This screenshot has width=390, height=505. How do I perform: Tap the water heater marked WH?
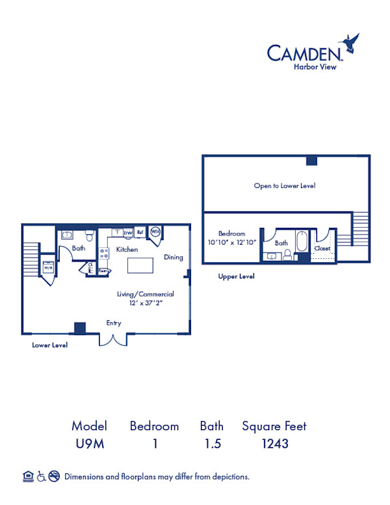(x=156, y=231)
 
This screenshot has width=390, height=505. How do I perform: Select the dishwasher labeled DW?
(x=128, y=232)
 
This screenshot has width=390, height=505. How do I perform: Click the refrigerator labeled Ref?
(x=140, y=232)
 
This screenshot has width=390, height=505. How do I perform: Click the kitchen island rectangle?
(x=140, y=266)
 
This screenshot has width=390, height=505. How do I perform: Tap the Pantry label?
(x=103, y=271)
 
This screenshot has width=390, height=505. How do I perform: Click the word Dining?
(x=174, y=257)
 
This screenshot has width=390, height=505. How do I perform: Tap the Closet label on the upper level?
(x=322, y=249)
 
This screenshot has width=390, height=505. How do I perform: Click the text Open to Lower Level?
(x=284, y=185)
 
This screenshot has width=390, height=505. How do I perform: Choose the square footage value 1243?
(x=274, y=444)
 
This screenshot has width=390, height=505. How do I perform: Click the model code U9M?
(x=89, y=444)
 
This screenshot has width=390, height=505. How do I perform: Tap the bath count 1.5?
(x=212, y=444)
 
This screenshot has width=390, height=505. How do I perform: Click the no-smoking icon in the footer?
(x=55, y=476)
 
